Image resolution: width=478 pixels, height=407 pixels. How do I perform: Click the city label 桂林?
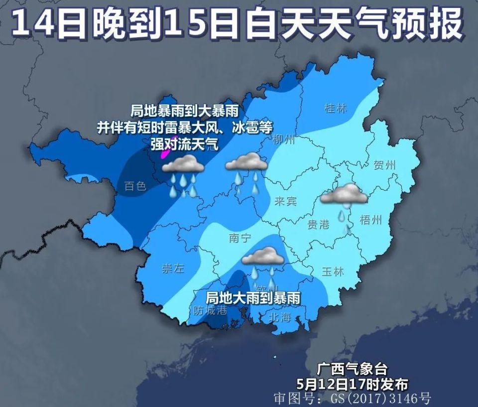coord(335,108)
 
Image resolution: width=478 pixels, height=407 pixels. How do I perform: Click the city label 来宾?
coord(285,201)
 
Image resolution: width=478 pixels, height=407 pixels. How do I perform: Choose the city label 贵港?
coord(318,225)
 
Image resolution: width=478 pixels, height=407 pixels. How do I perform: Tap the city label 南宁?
coord(240,238)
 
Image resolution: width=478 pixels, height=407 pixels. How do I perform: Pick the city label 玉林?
coord(333,272)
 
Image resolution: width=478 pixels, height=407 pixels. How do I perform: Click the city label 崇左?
coord(173,269)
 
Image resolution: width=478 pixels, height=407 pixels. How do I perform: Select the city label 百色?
coord(135,186)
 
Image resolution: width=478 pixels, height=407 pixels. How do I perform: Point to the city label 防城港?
coord(210,310)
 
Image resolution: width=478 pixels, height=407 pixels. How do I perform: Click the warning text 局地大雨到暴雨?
coord(253,298)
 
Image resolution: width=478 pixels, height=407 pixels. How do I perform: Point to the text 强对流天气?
coord(184,144)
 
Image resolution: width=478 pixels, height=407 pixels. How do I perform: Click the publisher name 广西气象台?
coord(352,369)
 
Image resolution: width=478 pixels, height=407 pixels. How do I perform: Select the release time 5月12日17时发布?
coord(352,384)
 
